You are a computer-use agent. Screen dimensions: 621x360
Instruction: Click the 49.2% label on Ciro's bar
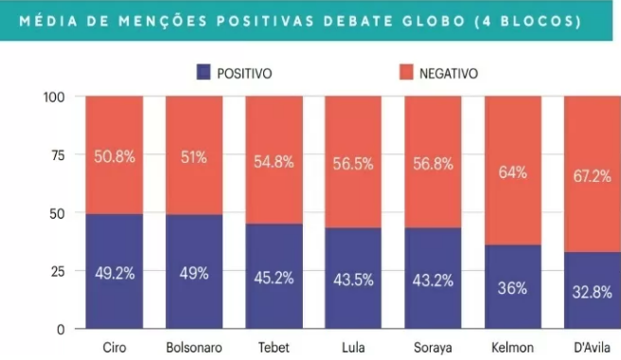[x=115, y=273]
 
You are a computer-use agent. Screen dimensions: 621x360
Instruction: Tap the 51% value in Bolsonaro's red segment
[x=194, y=157]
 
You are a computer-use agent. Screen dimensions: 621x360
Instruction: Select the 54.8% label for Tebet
[x=274, y=162]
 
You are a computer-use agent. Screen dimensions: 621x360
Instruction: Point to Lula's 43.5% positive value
[x=353, y=279]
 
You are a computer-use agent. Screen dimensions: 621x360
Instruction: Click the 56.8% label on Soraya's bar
[x=433, y=163]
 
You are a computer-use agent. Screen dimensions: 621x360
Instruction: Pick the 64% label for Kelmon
[x=512, y=172]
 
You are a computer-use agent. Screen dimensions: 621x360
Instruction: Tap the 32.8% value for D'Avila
[x=592, y=292]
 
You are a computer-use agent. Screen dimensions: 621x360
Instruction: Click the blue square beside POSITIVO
[x=204, y=72]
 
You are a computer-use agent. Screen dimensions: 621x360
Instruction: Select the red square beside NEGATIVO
[x=406, y=72]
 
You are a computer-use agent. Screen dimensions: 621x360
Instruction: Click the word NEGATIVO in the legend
[x=449, y=73]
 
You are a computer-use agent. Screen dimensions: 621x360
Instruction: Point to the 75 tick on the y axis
[x=58, y=155]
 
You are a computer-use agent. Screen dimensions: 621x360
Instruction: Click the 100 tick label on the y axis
[x=54, y=98]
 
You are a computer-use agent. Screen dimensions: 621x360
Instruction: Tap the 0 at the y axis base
[x=61, y=330]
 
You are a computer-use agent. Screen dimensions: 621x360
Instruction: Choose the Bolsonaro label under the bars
[x=194, y=348]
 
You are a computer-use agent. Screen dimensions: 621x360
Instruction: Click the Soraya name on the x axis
[x=433, y=348]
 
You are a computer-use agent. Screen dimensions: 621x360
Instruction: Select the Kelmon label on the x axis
[x=512, y=348]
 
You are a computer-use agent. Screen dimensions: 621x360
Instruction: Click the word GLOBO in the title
[x=435, y=21]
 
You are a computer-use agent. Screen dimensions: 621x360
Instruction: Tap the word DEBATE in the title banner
[x=359, y=21]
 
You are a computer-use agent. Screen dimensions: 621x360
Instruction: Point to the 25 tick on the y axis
[x=58, y=272]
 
